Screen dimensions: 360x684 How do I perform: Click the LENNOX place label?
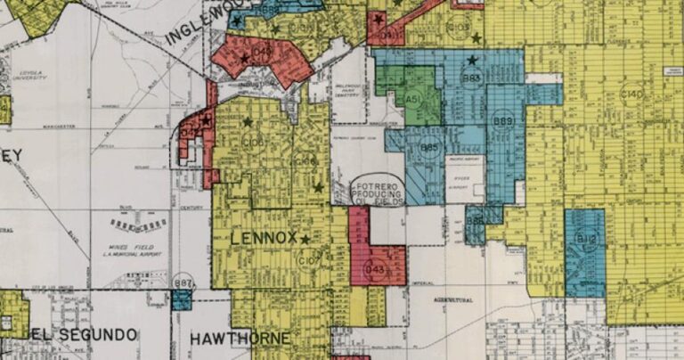click(262, 239)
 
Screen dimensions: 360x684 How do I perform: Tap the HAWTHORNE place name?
click(240, 339)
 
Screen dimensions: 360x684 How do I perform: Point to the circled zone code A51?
click(411, 99)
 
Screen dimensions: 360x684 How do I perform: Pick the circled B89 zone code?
click(503, 122)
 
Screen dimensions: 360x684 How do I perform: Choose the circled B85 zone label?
click(430, 147)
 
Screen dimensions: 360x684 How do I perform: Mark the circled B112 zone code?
click(585, 239)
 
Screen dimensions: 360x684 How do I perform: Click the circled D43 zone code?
click(375, 269)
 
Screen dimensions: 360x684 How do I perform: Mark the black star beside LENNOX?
click(305, 240)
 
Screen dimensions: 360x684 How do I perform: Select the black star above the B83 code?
click(472, 60)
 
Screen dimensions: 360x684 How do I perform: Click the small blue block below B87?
click(182, 299)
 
